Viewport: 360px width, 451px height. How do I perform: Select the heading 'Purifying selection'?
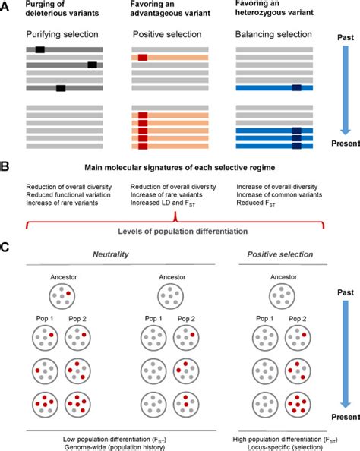tap(61, 35)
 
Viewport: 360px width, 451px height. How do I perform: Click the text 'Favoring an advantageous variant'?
tap(166, 13)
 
